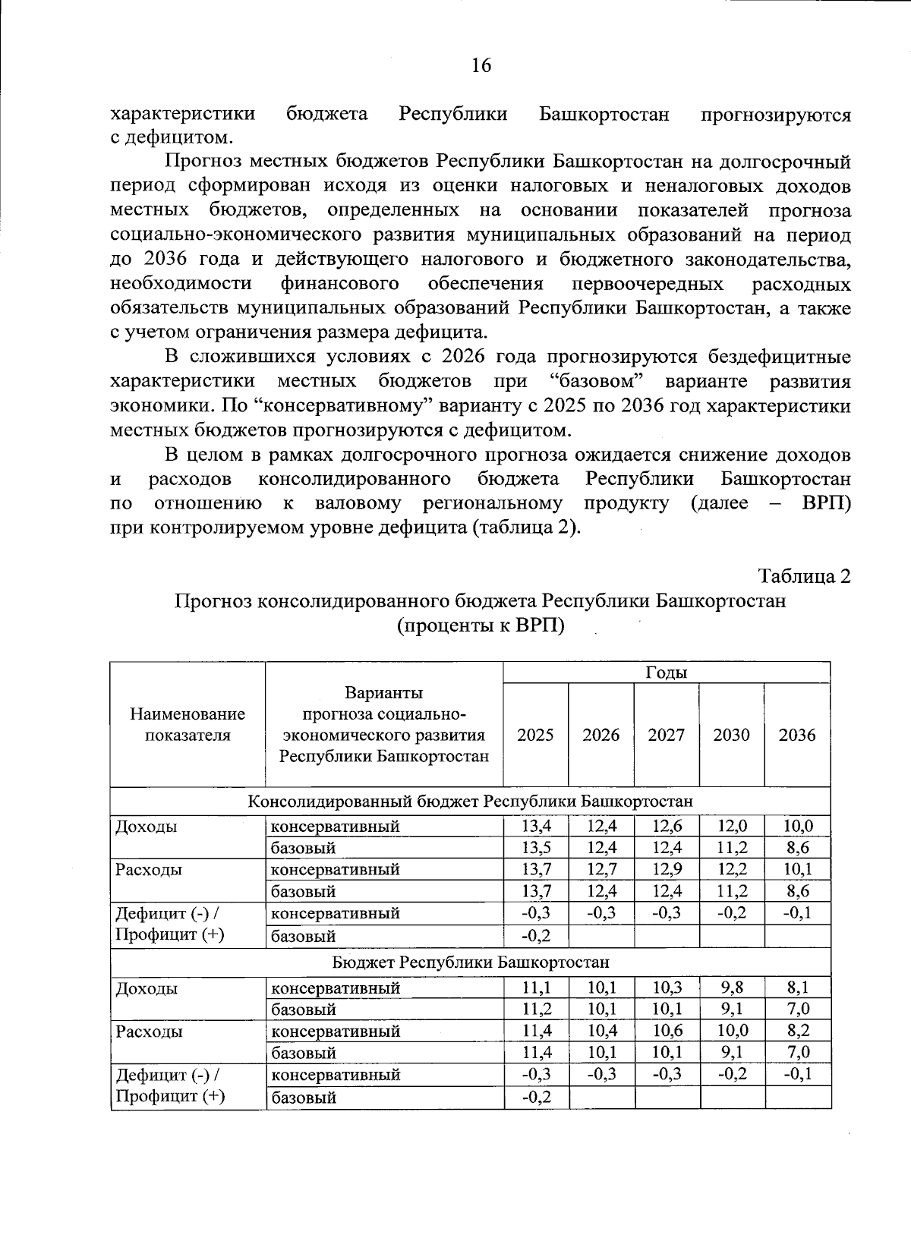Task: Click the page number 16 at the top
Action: (x=481, y=65)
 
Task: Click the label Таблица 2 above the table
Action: (x=803, y=576)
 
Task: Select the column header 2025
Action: (x=535, y=735)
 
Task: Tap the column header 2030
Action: (x=731, y=735)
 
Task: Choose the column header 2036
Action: (x=797, y=735)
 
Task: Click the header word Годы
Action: (x=666, y=673)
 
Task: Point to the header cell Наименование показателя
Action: (x=188, y=724)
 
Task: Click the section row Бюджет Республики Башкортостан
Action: (x=471, y=962)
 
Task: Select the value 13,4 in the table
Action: (x=535, y=826)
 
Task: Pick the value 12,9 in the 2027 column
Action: (x=666, y=869)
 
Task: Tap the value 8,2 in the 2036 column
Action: (x=798, y=1032)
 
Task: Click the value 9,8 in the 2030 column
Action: (x=732, y=988)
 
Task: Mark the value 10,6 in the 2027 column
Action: (x=666, y=1032)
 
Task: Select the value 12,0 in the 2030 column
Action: (x=732, y=826)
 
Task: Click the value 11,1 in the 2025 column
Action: (x=535, y=988)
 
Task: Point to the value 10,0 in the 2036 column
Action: (x=798, y=826)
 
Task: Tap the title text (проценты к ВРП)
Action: (x=481, y=625)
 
